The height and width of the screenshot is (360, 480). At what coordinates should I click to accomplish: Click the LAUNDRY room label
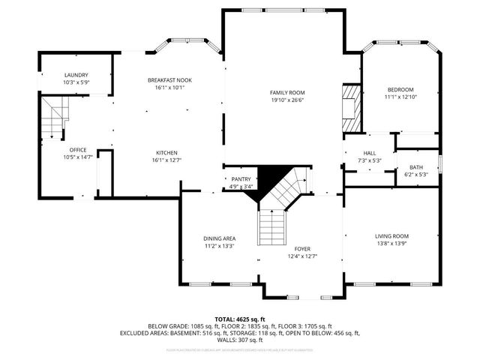pyautogui.click(x=76, y=75)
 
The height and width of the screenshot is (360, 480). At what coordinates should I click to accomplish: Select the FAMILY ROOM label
pyautogui.click(x=287, y=92)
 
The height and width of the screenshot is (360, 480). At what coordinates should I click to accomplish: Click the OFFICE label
pyautogui.click(x=78, y=149)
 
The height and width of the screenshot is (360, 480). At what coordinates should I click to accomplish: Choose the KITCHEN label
pyautogui.click(x=166, y=151)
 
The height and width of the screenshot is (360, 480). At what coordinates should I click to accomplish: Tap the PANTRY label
pyautogui.click(x=241, y=179)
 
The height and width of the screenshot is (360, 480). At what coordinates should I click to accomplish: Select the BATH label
pyautogui.click(x=415, y=167)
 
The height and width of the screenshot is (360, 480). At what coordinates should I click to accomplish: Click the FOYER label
pyautogui.click(x=302, y=248)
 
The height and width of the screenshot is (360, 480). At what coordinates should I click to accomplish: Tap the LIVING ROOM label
pyautogui.click(x=392, y=236)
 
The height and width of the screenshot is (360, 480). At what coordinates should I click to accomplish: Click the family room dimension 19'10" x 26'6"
pyautogui.click(x=287, y=100)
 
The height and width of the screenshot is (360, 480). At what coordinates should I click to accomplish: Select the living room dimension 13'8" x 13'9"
pyautogui.click(x=392, y=244)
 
